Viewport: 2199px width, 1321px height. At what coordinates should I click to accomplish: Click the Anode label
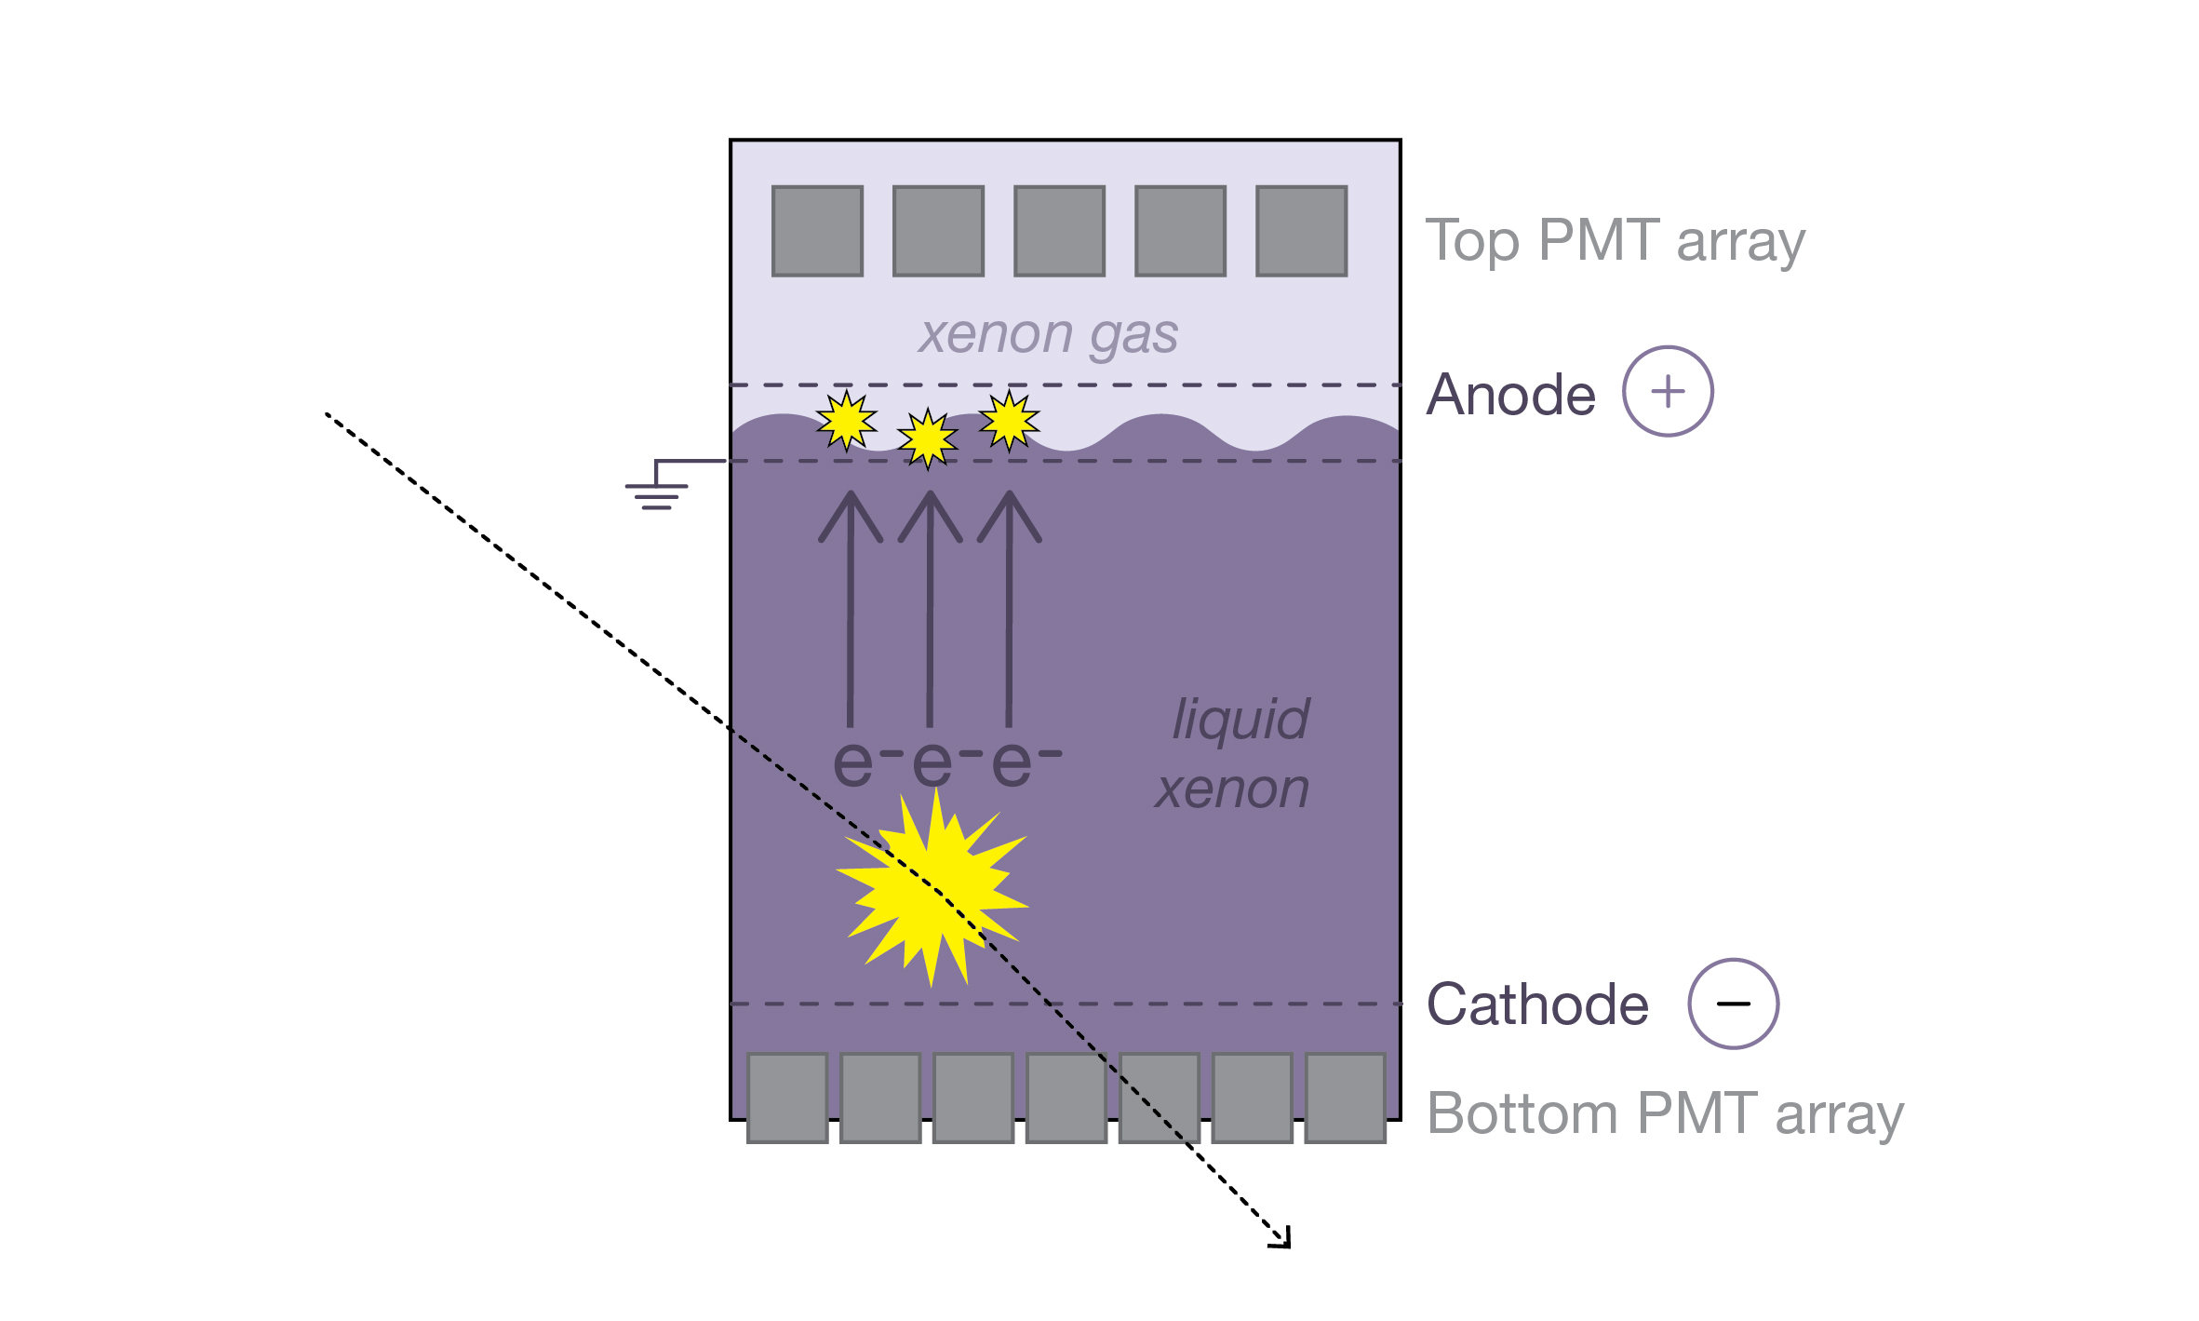pyautogui.click(x=1510, y=395)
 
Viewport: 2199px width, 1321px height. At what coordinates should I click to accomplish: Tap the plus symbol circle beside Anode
pyautogui.click(x=1668, y=391)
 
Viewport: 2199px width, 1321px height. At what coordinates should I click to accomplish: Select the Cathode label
pyautogui.click(x=1537, y=1004)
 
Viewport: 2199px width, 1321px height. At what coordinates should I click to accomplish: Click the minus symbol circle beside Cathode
pyautogui.click(x=1733, y=1004)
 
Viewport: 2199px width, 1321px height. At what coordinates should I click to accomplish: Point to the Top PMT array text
pyautogui.click(x=1615, y=241)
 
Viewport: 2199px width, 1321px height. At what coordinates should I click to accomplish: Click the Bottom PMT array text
pyautogui.click(x=1665, y=1113)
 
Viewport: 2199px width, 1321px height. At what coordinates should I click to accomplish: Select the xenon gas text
pyautogui.click(x=1048, y=335)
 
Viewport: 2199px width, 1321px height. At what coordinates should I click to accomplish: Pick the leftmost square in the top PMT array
pyautogui.click(x=817, y=231)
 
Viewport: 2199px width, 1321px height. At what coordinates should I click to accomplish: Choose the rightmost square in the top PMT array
pyautogui.click(x=1301, y=231)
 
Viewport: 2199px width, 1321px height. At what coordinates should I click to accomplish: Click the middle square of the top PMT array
pyautogui.click(x=1059, y=231)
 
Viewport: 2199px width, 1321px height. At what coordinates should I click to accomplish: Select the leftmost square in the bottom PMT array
pyautogui.click(x=787, y=1098)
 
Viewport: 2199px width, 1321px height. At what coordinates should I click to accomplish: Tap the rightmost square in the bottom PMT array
pyautogui.click(x=1345, y=1098)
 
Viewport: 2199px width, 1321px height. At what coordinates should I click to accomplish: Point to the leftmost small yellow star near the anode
pyautogui.click(x=846, y=421)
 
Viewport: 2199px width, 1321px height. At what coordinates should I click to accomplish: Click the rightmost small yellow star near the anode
pyautogui.click(x=1009, y=421)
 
